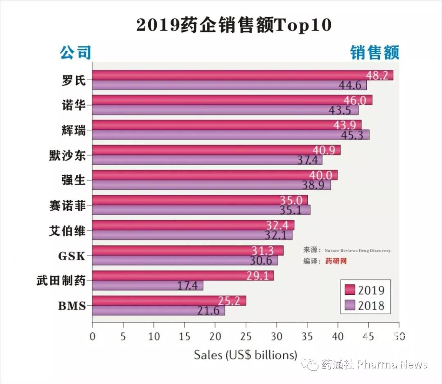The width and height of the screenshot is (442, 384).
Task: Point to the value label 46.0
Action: tap(356, 100)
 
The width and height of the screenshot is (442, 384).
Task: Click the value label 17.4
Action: tap(187, 285)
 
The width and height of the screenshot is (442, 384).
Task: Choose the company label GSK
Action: tap(72, 256)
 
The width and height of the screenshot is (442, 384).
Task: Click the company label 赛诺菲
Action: tap(68, 206)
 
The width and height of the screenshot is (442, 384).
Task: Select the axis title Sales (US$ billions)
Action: tap(246, 355)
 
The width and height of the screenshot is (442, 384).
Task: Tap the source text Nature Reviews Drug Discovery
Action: tap(358, 251)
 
